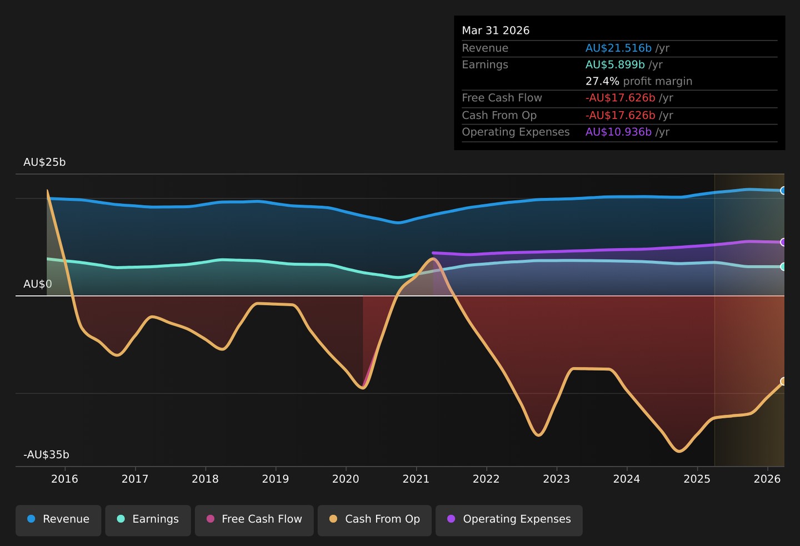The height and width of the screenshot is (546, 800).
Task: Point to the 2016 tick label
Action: click(x=64, y=479)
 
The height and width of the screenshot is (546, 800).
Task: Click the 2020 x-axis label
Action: click(x=346, y=479)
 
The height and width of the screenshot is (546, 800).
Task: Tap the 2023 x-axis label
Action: click(x=557, y=479)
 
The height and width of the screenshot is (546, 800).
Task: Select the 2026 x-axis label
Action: click(x=767, y=479)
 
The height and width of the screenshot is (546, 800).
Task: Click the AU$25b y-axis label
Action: click(x=44, y=162)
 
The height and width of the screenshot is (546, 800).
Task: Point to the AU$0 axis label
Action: click(x=38, y=284)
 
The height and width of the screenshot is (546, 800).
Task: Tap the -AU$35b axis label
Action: click(x=46, y=454)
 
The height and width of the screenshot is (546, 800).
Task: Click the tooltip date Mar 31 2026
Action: click(x=496, y=31)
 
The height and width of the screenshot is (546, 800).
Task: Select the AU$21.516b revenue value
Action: click(x=618, y=48)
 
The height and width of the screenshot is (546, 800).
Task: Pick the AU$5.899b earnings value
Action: click(x=615, y=64)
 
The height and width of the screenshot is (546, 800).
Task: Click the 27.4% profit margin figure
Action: click(x=602, y=82)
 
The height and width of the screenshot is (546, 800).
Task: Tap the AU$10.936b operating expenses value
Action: click(x=618, y=132)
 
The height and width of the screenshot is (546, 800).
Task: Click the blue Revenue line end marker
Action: click(x=782, y=191)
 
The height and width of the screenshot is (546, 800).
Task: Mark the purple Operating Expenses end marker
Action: click(x=782, y=242)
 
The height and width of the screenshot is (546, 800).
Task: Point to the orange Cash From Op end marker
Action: click(x=782, y=381)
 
